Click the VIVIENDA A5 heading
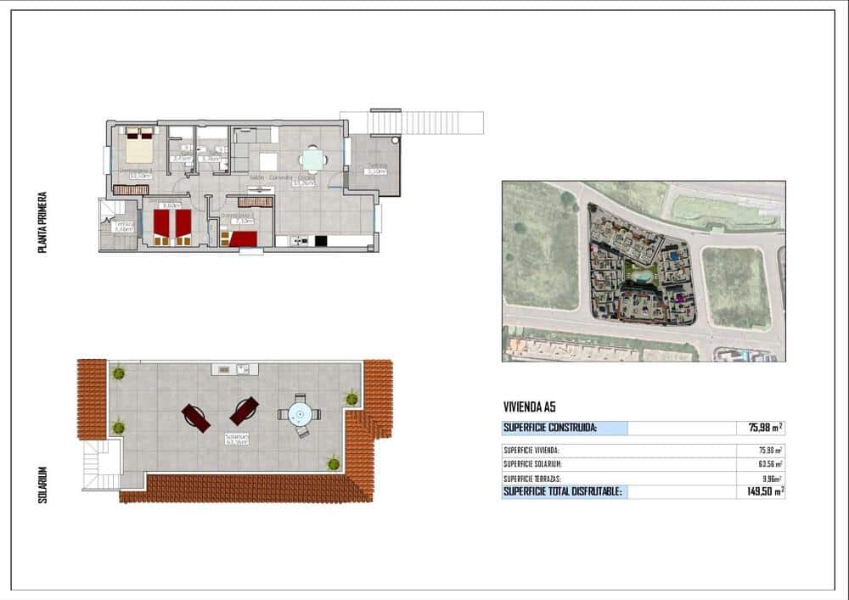[530, 407]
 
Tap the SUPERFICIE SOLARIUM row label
[532, 464]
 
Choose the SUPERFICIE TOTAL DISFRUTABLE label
[563, 491]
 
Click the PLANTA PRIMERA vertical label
[42, 222]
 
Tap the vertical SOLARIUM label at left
[42, 484]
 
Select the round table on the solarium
[299, 415]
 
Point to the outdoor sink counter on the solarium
[235, 369]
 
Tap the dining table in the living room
[313, 160]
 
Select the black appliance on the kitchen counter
[321, 241]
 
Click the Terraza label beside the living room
[375, 168]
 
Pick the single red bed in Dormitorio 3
[244, 238]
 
